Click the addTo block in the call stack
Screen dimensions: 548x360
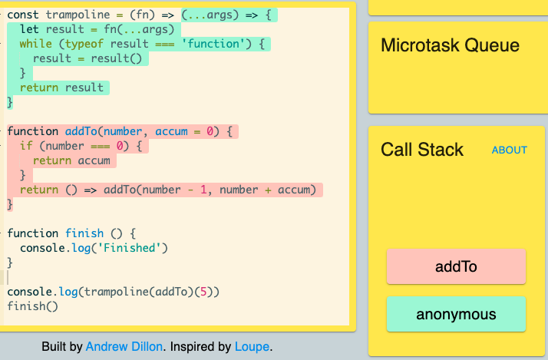[456, 266]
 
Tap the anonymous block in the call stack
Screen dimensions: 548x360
[456, 314]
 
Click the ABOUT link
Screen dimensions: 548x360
[509, 150]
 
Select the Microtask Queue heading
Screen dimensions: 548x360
[450, 45]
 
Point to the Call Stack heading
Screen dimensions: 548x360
[422, 150]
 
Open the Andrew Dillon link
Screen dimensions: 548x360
[124, 346]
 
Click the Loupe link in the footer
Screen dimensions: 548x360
[252, 346]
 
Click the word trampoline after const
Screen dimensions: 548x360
[78, 15]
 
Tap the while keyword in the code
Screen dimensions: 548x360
[35, 44]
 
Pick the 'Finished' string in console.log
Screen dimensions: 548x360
[129, 248]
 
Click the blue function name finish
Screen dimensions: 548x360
[84, 233]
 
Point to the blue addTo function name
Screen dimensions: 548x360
[81, 131]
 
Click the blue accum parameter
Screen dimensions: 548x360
[171, 131]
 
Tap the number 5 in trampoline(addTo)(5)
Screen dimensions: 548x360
[203, 292]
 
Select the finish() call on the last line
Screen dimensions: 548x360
[32, 306]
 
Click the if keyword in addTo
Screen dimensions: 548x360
[26, 146]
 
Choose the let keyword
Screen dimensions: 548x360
[29, 29]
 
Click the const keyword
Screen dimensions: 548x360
[23, 15]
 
